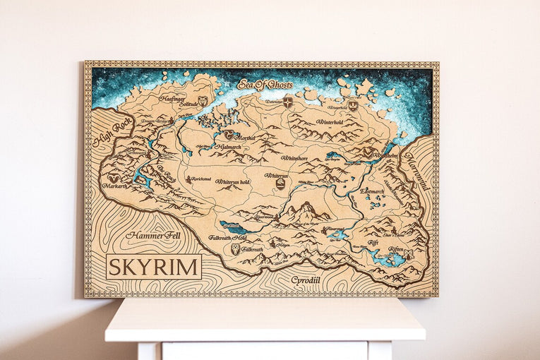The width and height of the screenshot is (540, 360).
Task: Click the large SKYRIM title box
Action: coord(154,266)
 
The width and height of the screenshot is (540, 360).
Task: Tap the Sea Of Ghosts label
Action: coord(265,85)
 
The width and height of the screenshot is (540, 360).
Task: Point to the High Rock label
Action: coord(112,132)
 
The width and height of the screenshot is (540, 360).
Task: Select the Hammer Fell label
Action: coord(153,236)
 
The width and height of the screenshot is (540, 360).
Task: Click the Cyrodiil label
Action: coord(306,280)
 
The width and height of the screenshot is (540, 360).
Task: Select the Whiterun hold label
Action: coord(232,181)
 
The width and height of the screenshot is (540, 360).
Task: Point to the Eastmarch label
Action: coord(372,191)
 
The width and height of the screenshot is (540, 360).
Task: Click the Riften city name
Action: coord(395,249)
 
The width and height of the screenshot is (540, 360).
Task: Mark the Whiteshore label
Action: coord(294,158)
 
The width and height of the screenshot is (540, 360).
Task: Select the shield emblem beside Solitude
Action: coord(203,102)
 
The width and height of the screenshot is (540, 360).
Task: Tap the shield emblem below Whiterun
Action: coord(280,184)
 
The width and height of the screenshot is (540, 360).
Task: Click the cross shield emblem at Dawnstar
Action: coord(288,103)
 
